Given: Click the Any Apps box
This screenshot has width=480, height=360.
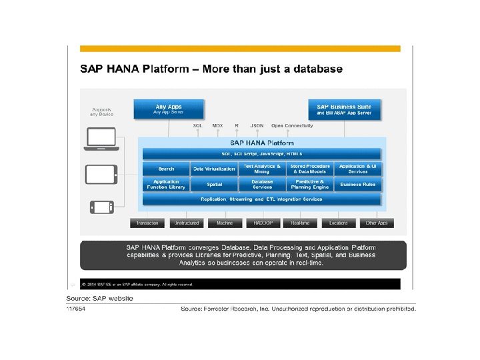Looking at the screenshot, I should [x=169, y=109].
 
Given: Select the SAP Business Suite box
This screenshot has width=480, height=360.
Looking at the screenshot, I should [x=344, y=109].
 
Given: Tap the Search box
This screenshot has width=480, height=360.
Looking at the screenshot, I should [x=166, y=169].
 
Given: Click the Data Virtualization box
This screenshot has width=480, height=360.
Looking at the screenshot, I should [x=214, y=169].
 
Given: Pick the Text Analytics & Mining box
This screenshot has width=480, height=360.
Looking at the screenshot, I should [x=262, y=169].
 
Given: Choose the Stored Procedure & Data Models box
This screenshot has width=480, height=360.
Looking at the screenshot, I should [x=310, y=169].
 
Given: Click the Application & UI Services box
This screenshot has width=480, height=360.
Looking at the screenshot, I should [x=358, y=169].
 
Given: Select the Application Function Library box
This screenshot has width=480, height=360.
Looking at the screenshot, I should [x=166, y=184].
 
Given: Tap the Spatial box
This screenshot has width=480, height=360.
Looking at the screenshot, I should [x=214, y=184].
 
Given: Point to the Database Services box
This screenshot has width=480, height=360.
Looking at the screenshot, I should [x=262, y=184].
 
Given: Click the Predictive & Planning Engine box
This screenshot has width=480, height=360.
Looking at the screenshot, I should [x=310, y=184].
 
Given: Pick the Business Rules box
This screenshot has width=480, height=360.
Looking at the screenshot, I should [x=358, y=184].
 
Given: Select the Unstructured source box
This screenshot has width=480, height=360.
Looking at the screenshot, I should [x=186, y=223].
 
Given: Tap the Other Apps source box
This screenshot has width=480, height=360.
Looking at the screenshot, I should [x=377, y=223].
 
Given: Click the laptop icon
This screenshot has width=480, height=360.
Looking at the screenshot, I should [x=101, y=140].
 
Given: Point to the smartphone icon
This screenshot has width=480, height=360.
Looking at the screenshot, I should [x=102, y=207].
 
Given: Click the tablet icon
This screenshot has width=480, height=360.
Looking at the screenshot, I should [x=102, y=175].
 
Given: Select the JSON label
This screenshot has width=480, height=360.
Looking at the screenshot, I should [x=257, y=125].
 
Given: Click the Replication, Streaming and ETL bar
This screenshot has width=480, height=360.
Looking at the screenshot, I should [x=261, y=199].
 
